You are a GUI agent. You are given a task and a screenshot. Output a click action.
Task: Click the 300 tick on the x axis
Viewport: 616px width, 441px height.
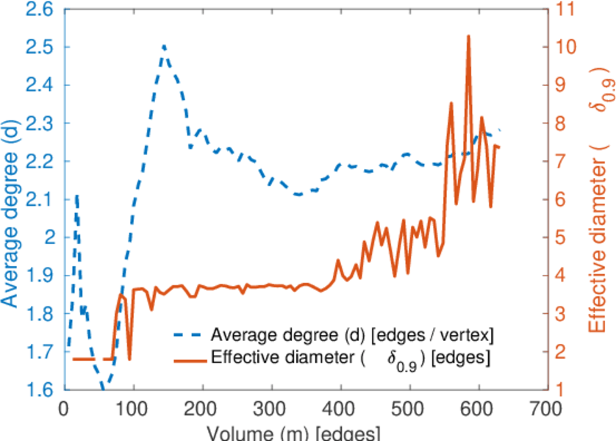coord(271,406)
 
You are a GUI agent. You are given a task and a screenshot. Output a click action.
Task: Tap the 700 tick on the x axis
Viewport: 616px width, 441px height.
coord(547,406)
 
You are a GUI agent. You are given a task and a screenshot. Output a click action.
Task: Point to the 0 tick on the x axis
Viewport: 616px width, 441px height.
coord(65,406)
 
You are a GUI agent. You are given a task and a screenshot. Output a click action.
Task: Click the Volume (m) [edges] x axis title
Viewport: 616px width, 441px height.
coord(294,431)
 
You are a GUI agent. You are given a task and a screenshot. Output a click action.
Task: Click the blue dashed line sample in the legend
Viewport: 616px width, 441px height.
coord(189,335)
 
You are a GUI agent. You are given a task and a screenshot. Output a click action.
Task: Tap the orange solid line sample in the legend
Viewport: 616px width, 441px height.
coord(189,359)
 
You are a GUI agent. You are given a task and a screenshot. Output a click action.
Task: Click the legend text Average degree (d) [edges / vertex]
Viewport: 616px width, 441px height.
coord(351,335)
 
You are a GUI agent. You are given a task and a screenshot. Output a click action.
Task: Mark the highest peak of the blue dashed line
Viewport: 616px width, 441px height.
coord(164,46)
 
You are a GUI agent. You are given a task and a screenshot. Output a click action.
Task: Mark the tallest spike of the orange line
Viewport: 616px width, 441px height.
coord(468,35)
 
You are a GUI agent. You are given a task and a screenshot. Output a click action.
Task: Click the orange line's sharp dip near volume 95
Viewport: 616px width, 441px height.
coord(129,359)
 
